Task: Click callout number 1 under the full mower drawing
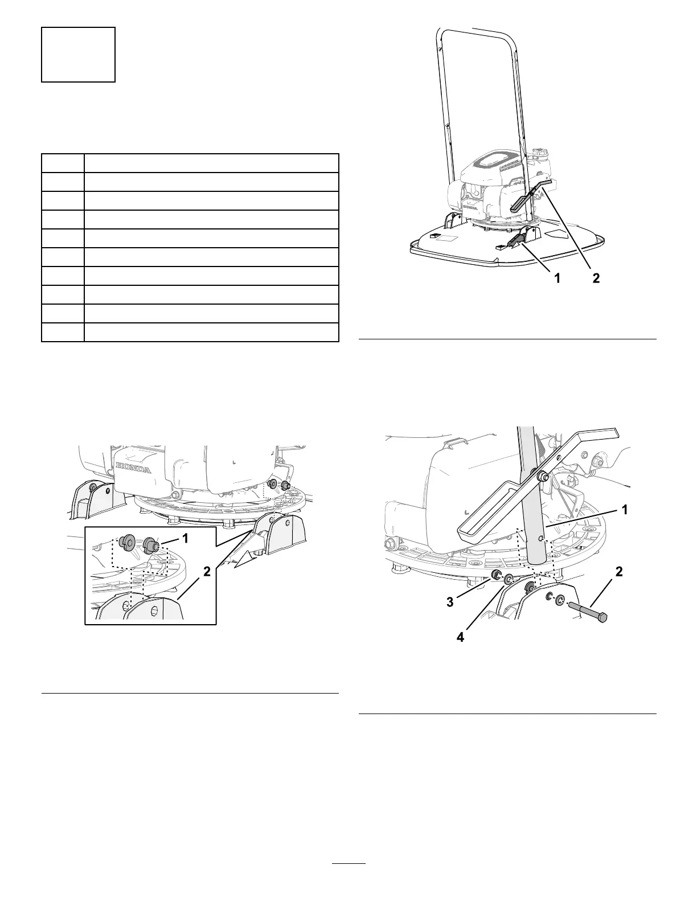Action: pos(557,279)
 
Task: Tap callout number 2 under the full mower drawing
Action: pos(596,279)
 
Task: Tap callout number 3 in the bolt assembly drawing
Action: pos(450,601)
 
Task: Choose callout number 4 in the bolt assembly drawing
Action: pos(460,638)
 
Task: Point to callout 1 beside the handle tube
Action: pos(625,510)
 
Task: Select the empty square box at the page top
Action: pos(79,55)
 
